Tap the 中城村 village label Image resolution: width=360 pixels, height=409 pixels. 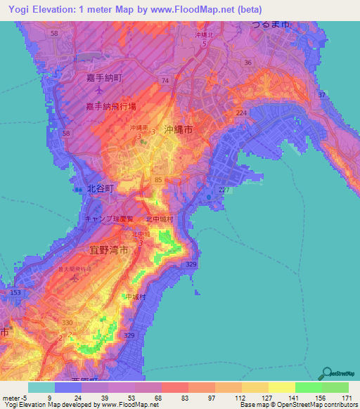tap(135, 297)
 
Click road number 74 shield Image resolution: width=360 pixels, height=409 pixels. tap(165, 82)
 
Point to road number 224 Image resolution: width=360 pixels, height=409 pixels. tap(242, 112)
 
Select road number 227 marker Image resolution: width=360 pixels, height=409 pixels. tap(224, 190)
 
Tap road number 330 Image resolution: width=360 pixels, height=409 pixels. tap(67, 323)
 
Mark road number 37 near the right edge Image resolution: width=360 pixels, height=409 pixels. tap(321, 95)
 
